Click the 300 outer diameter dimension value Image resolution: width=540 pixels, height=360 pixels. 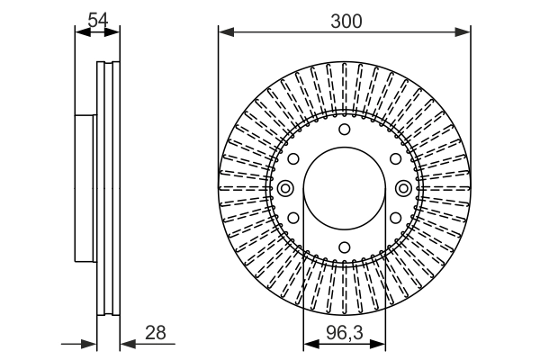pyautogui.click(x=344, y=21)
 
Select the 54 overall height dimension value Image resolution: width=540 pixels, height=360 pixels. pyautogui.click(x=98, y=18)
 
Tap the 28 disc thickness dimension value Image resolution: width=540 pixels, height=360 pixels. pyautogui.click(x=156, y=333)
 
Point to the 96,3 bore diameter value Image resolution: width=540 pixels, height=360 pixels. pyautogui.click(x=344, y=334)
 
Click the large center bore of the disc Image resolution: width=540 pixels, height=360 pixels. pyautogui.click(x=344, y=188)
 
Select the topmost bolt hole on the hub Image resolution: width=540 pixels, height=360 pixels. pyautogui.click(x=344, y=130)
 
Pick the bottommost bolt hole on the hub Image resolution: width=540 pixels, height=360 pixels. pyautogui.click(x=344, y=247)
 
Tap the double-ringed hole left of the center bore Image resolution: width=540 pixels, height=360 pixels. pyautogui.click(x=285, y=188)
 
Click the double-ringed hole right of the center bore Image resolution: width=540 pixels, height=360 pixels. pyautogui.click(x=403, y=188)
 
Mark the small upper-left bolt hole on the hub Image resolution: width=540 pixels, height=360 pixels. pyautogui.click(x=293, y=158)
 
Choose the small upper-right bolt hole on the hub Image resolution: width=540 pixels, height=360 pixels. pyautogui.click(x=395, y=158)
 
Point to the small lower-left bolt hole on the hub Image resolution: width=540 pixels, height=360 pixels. pyautogui.click(x=293, y=218)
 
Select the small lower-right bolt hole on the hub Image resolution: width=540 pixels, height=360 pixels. pyautogui.click(x=395, y=218)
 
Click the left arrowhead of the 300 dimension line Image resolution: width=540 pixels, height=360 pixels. pyautogui.click(x=224, y=33)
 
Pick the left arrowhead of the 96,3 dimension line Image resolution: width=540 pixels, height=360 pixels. pyautogui.click(x=308, y=344)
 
